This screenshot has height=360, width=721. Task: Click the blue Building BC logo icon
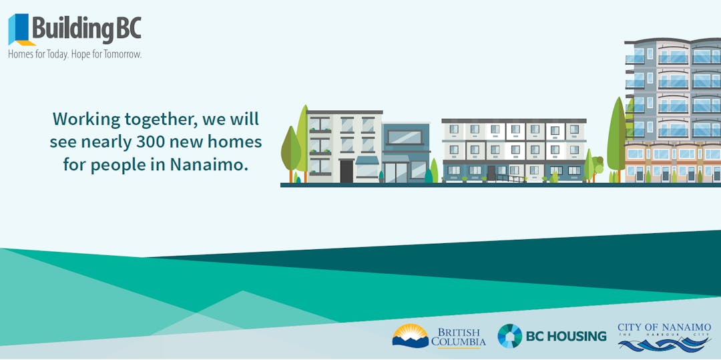tap(19, 29)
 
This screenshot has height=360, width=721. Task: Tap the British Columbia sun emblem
tap(410, 335)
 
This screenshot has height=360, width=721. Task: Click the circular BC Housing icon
tap(509, 336)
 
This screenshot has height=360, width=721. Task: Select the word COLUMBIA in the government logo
tap(459, 342)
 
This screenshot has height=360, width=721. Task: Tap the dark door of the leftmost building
tap(346, 171)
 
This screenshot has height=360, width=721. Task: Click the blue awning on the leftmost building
tap(367, 160)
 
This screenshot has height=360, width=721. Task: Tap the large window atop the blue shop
tap(405, 138)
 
